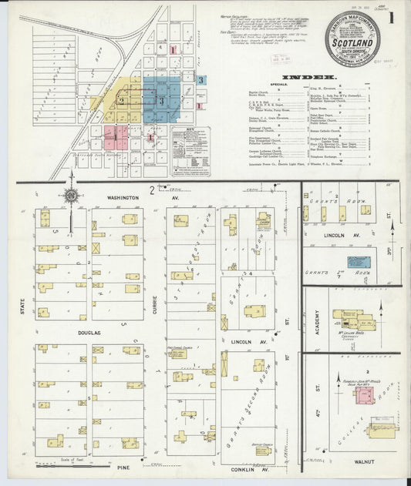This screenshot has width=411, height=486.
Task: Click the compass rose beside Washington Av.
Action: pos(71,196)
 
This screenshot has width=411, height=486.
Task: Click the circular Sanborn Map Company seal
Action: pos(352,39)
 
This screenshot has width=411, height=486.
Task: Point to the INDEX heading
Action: pos(308,78)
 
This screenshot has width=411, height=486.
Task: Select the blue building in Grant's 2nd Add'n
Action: pos(359,262)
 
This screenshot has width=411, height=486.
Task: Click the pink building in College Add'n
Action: pos(365,395)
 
